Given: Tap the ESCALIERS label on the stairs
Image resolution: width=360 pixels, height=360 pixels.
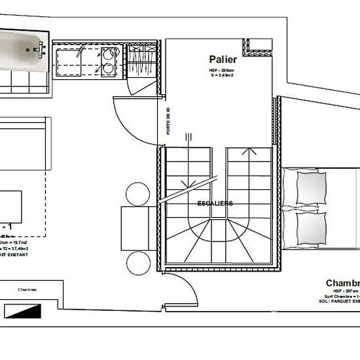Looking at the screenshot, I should click(x=215, y=204).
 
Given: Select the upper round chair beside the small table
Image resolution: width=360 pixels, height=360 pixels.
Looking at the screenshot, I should click(x=138, y=195).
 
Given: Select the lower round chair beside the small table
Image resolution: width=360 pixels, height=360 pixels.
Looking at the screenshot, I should click(x=138, y=263).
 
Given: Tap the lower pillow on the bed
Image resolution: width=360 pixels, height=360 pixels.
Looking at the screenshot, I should click(x=310, y=226).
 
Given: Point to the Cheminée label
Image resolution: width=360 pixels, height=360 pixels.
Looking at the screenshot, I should click(x=27, y=289).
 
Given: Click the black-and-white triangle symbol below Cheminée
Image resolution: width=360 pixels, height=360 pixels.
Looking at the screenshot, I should click(x=22, y=311).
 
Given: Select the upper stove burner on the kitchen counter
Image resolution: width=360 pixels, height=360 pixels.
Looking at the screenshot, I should click(x=107, y=54).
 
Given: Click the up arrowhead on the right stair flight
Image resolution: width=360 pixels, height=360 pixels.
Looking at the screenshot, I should click(x=249, y=152).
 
